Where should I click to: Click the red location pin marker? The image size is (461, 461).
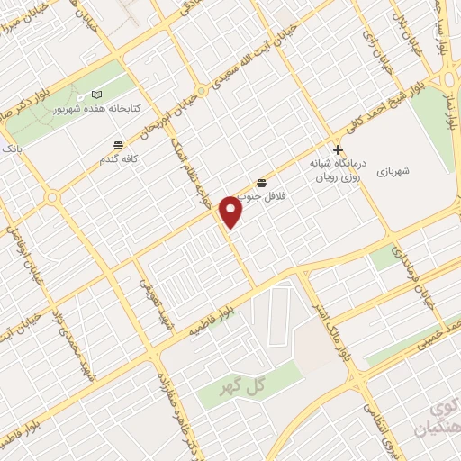click(232, 212)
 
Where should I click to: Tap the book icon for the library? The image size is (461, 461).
click(96, 95)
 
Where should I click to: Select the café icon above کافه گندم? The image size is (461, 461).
click(118, 145)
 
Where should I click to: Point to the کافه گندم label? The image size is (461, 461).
click(117, 159)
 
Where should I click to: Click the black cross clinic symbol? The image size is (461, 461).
click(338, 149)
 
